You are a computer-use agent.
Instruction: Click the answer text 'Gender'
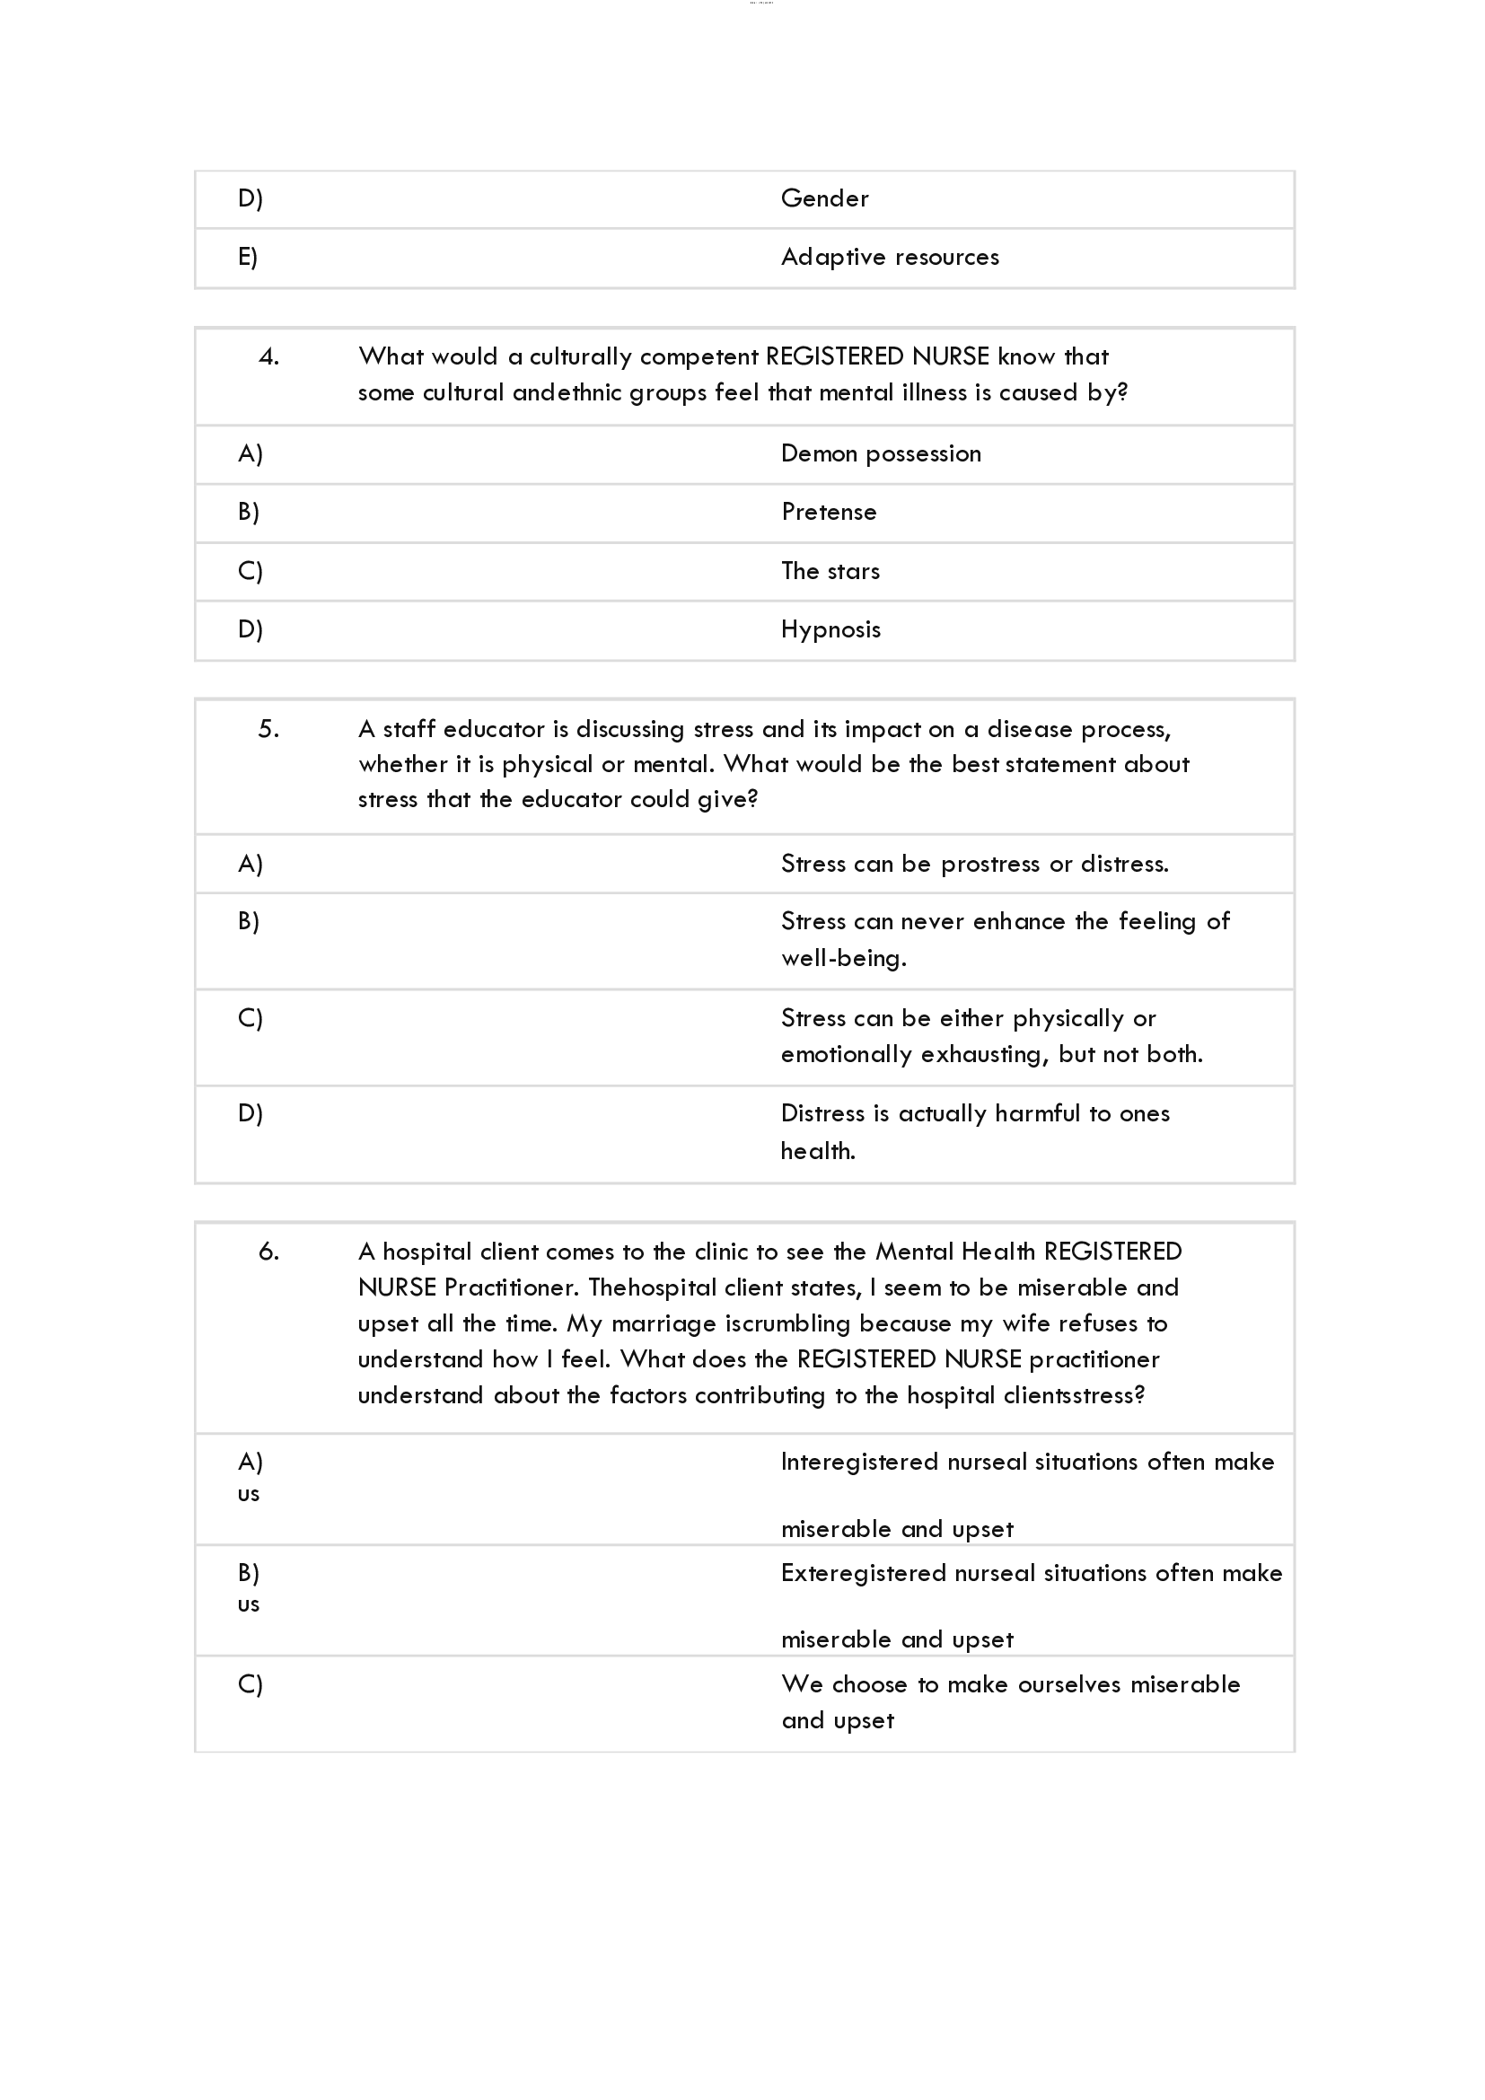(x=824, y=198)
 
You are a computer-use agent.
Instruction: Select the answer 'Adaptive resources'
(x=890, y=257)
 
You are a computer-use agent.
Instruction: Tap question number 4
(x=268, y=356)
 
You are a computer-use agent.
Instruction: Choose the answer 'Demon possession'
(x=881, y=453)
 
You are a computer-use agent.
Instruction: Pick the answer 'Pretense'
(x=829, y=512)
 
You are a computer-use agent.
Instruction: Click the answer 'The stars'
(x=830, y=571)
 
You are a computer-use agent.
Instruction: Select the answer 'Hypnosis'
(x=830, y=629)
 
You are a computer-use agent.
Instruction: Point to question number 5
(x=268, y=729)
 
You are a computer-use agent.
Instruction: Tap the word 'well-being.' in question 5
(x=843, y=959)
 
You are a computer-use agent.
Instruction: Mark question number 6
(x=268, y=1252)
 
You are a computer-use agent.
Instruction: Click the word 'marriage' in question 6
(x=663, y=1323)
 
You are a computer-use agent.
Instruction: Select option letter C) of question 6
(x=250, y=1683)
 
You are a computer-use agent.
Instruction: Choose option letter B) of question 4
(x=249, y=512)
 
